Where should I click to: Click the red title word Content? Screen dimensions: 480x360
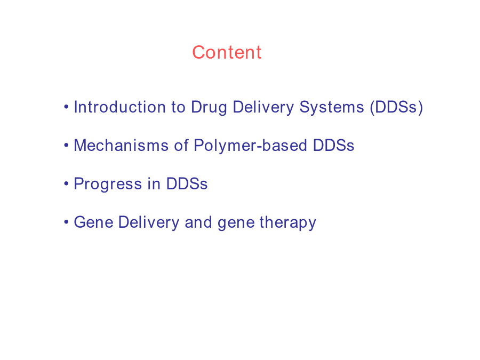227,52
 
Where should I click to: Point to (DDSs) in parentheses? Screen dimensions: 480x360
396,108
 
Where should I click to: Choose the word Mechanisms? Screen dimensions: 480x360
121,146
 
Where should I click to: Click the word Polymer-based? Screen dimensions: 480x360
251,146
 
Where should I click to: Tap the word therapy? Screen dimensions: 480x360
288,223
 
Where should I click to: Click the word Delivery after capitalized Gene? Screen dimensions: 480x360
149,223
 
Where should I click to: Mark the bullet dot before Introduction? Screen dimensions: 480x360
66,107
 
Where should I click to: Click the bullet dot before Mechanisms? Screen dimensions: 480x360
66,146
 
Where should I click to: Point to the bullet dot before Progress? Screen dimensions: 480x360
66,183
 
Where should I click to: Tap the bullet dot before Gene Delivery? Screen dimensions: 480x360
66,222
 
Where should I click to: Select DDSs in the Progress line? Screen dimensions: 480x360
187,183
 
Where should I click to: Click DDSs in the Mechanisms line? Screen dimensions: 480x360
333,146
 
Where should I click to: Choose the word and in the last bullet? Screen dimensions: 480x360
198,222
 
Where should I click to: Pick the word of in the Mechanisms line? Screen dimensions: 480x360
181,145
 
